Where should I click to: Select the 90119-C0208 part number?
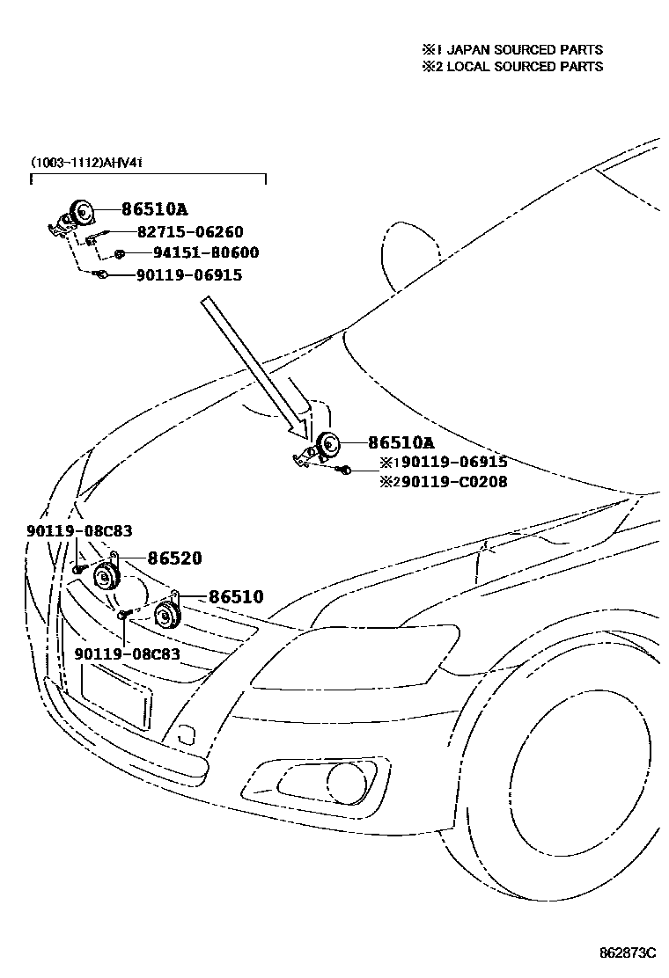click(443, 482)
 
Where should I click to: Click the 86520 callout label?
click(174, 558)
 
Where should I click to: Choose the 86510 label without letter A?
click(235, 597)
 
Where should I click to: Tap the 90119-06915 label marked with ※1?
click(443, 462)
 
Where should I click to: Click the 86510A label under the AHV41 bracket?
click(154, 209)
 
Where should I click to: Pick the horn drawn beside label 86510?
click(165, 616)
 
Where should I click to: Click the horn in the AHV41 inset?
click(82, 212)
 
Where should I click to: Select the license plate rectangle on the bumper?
click(115, 695)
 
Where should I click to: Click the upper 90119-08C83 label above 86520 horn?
click(79, 530)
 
